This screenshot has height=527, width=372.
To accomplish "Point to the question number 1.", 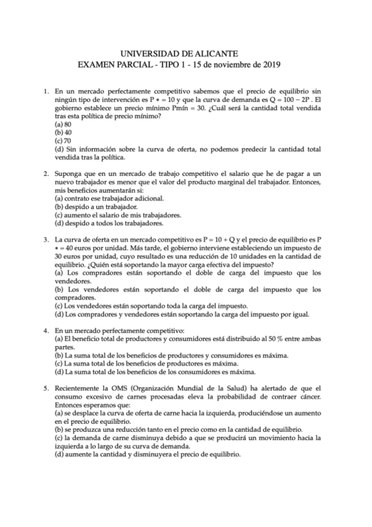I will tap(47, 92).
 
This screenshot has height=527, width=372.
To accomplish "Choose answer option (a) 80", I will tap(63, 124).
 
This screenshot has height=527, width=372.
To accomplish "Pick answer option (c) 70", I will tap(63, 140).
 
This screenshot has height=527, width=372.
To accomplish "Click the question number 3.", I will tap(47, 239).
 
